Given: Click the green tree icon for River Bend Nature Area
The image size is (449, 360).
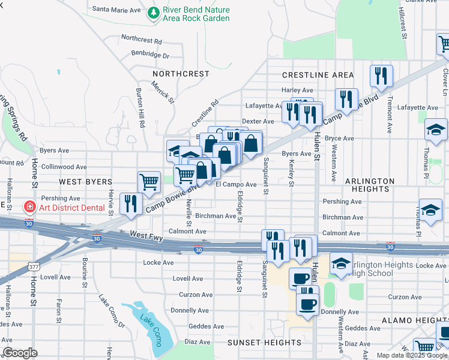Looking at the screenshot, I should (x=154, y=13).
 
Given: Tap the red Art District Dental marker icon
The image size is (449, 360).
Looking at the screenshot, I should (x=28, y=207).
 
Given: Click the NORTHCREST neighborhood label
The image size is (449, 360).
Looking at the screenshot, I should (x=181, y=74).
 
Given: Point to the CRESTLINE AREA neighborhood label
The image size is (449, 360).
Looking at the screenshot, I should (x=318, y=74).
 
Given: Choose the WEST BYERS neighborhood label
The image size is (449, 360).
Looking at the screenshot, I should (x=85, y=181).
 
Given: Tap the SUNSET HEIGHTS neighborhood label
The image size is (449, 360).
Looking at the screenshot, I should (x=264, y=343).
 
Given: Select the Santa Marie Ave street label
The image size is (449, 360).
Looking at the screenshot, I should (x=116, y=10).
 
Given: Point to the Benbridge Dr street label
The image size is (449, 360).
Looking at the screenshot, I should (x=151, y=55).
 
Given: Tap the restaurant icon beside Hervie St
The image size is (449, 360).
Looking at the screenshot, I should (x=130, y=203).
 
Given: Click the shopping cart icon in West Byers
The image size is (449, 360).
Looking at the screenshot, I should (x=148, y=180).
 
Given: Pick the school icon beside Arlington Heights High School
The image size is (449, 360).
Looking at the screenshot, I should (x=340, y=264).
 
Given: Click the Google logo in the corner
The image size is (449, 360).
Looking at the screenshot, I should (x=20, y=353).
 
